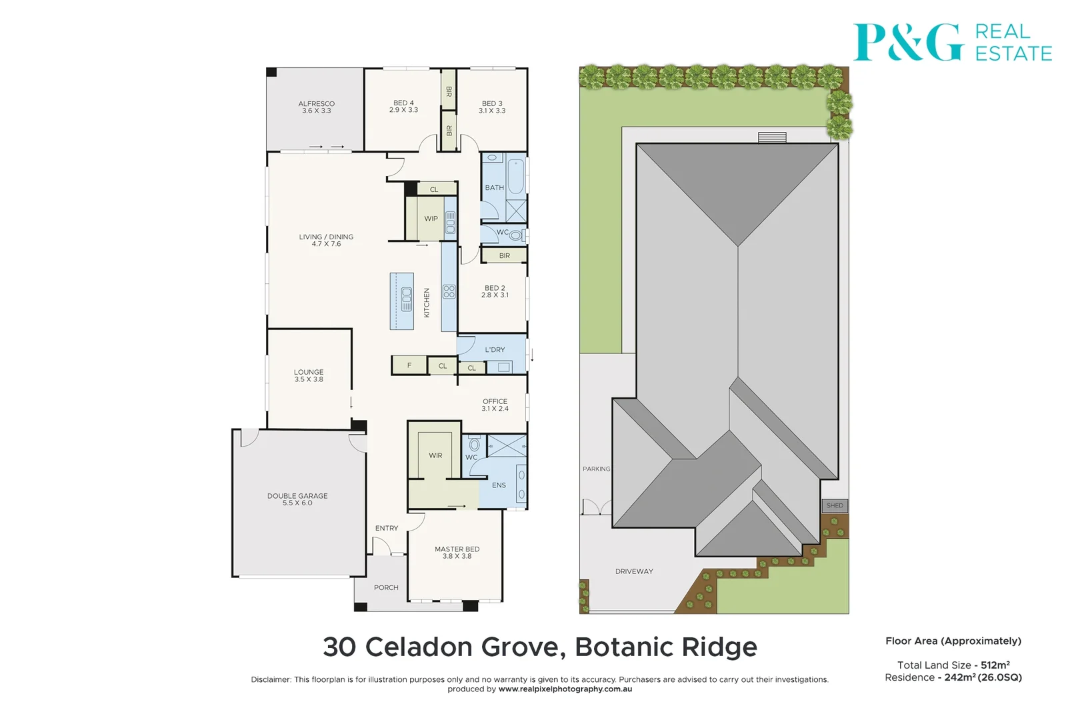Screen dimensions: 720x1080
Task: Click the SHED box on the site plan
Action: click(835, 505)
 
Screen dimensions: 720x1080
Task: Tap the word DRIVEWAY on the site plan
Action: click(634, 571)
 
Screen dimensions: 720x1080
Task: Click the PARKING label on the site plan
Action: click(596, 469)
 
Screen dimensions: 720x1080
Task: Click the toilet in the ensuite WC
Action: click(475, 444)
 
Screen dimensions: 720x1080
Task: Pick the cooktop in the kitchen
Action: click(449, 291)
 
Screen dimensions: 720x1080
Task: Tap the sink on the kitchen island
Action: click(406, 299)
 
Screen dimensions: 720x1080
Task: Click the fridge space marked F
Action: click(409, 365)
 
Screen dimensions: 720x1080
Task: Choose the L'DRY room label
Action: click(495, 349)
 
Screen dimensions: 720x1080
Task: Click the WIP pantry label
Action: click(431, 219)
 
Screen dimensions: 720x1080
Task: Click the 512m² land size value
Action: click(995, 665)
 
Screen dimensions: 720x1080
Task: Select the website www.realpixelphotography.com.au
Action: click(565, 689)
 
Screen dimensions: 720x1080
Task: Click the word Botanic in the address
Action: click(618, 647)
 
